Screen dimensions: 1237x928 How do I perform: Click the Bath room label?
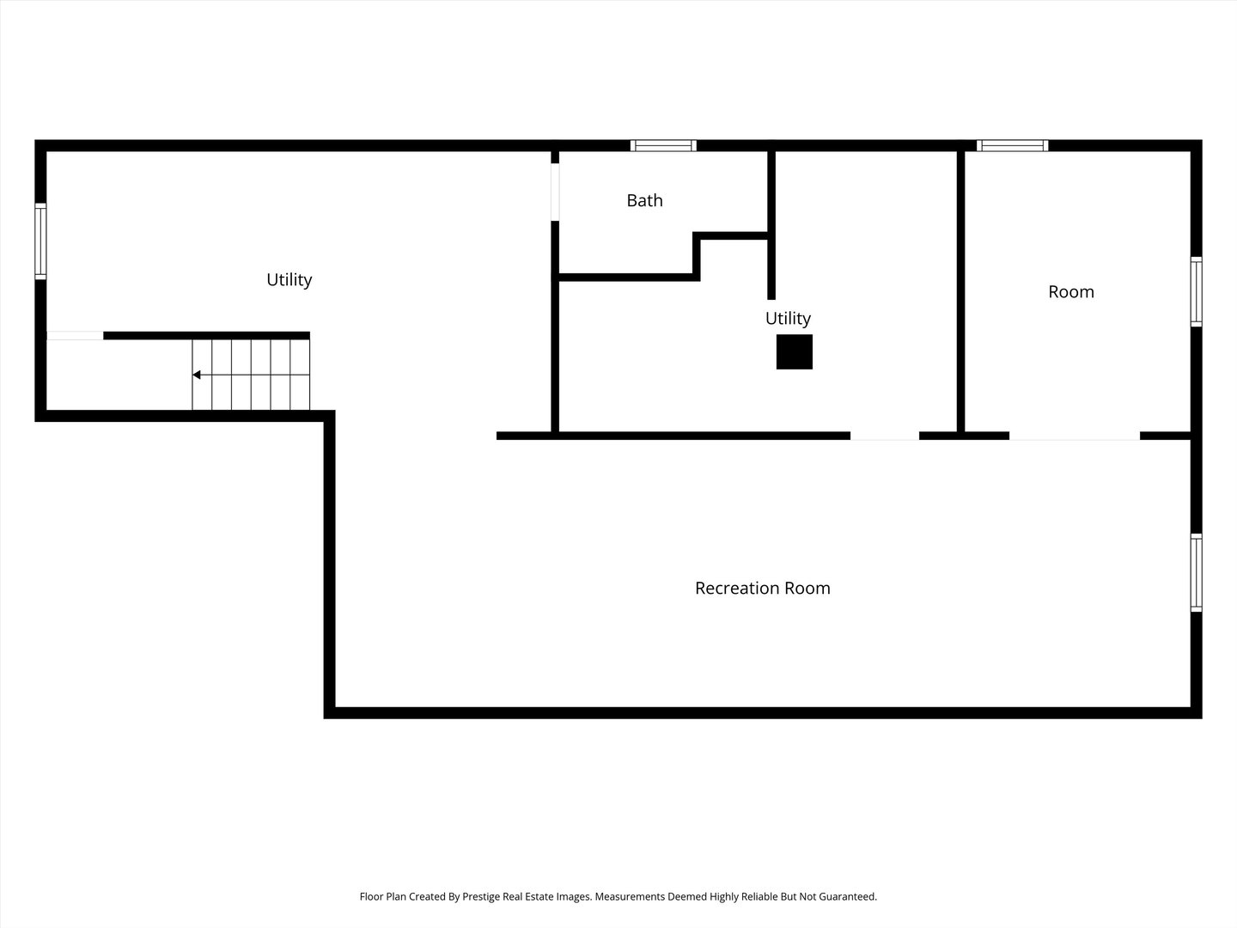click(644, 200)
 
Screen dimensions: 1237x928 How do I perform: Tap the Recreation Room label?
click(763, 589)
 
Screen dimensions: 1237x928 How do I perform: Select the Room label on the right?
click(1070, 292)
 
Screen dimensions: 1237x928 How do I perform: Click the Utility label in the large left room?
click(289, 280)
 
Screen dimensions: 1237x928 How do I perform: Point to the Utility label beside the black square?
click(788, 319)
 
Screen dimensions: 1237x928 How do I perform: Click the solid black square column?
click(794, 352)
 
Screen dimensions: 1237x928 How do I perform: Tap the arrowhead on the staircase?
click(196, 375)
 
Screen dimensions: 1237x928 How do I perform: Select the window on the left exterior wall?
click(40, 241)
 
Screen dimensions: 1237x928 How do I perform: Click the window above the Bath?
click(663, 146)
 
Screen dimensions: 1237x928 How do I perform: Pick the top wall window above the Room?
click(1012, 146)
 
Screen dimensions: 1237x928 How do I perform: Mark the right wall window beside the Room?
click(1196, 291)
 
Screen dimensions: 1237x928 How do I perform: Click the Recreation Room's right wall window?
click(1196, 572)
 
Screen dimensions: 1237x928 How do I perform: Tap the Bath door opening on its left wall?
click(555, 192)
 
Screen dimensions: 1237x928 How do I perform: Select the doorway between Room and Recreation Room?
click(1074, 437)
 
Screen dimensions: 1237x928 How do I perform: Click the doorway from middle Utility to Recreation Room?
click(884, 437)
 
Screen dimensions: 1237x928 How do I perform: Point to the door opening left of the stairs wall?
click(75, 336)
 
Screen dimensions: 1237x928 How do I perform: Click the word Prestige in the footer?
click(480, 896)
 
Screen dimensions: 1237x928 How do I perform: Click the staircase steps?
click(251, 375)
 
